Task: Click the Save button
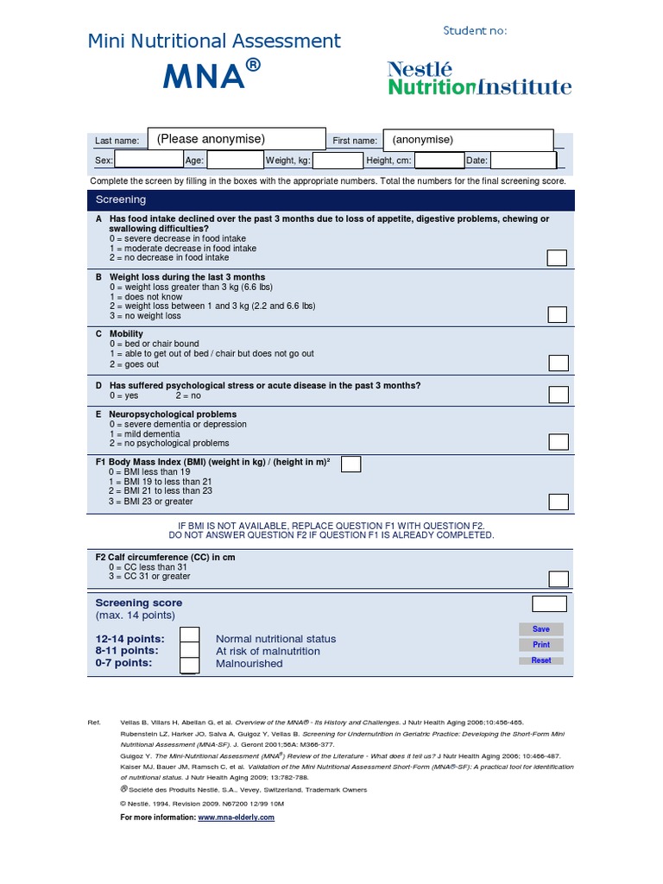pos(541,629)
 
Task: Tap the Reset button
pos(541,660)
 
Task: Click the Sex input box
pos(148,161)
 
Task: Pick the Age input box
pos(236,161)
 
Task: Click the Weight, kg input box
pos(338,161)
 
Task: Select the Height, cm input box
pos(439,161)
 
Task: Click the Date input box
pos(523,161)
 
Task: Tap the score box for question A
pos(558,257)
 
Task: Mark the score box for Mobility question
pos(559,363)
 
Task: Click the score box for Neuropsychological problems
pos(559,442)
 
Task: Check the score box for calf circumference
pos(559,578)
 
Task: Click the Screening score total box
pos(549,603)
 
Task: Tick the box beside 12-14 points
pos(190,636)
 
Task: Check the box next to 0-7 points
pos(190,665)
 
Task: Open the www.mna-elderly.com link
pos(236,817)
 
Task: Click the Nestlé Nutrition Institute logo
pos(479,78)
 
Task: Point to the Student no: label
pos(475,31)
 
